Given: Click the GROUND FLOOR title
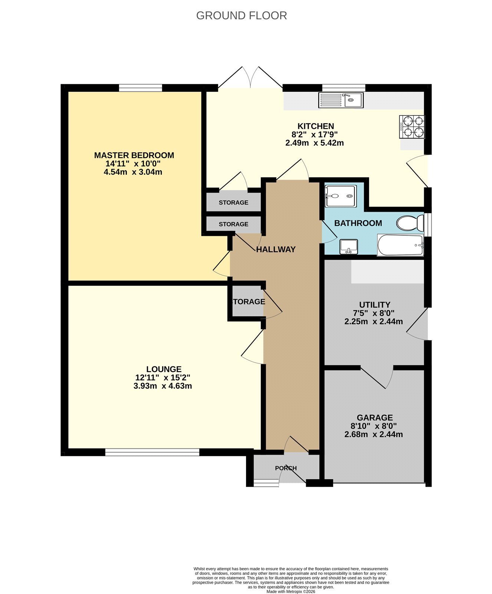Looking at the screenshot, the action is (242, 16).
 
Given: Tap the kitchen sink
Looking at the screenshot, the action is (342, 100).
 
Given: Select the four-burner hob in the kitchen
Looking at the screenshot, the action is (412, 127).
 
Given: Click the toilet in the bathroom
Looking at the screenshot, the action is (410, 223).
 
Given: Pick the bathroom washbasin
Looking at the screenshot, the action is (348, 247).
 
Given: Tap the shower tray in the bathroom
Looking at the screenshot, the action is (341, 196).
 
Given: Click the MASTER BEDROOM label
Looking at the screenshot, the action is (134, 155).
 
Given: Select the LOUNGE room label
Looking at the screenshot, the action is (164, 369).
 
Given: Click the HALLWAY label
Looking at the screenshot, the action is (276, 249).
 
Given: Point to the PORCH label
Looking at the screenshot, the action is (286, 468).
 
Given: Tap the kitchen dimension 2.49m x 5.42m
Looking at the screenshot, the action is (315, 143).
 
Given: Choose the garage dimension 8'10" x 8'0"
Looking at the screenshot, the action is (374, 426).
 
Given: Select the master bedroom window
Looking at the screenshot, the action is (141, 88).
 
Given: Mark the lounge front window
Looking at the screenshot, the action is (152, 452).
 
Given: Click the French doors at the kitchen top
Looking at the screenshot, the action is (250, 77).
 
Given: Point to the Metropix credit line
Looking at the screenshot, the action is (291, 591).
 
